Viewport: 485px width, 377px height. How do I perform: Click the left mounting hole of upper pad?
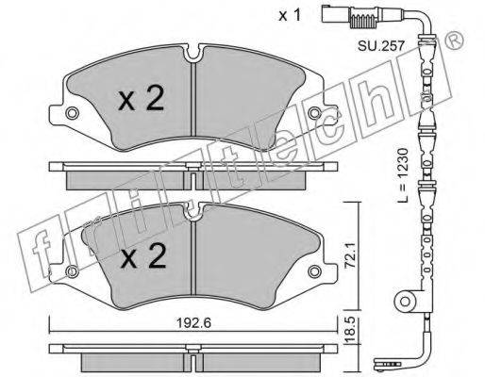click(x=73, y=114)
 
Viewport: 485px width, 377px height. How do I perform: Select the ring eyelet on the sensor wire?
click(x=411, y=303)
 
